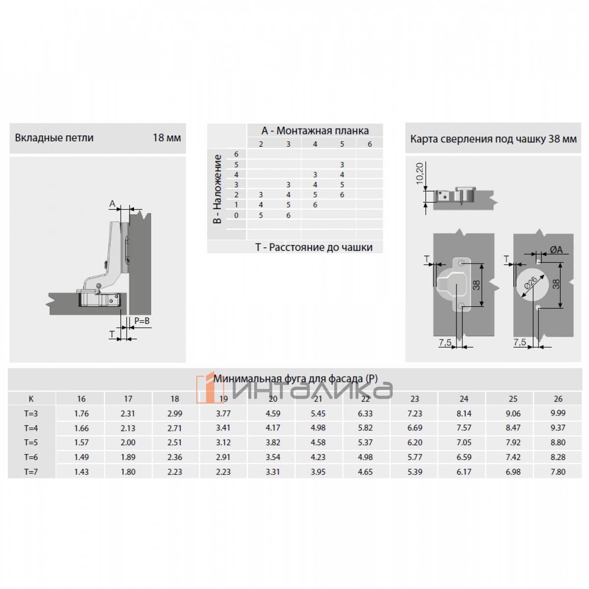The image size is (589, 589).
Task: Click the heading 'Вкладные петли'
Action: click(54, 138)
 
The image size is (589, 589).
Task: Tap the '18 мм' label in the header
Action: click(166, 138)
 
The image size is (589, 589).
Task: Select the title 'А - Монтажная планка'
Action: click(315, 131)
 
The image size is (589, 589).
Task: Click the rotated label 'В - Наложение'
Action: click(217, 189)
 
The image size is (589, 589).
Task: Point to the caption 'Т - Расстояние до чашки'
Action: click(314, 247)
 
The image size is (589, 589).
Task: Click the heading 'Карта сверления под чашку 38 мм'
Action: click(493, 139)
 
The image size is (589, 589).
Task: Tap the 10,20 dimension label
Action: click(420, 173)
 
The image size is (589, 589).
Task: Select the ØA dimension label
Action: click(556, 250)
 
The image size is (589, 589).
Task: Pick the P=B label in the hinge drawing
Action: click(142, 321)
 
